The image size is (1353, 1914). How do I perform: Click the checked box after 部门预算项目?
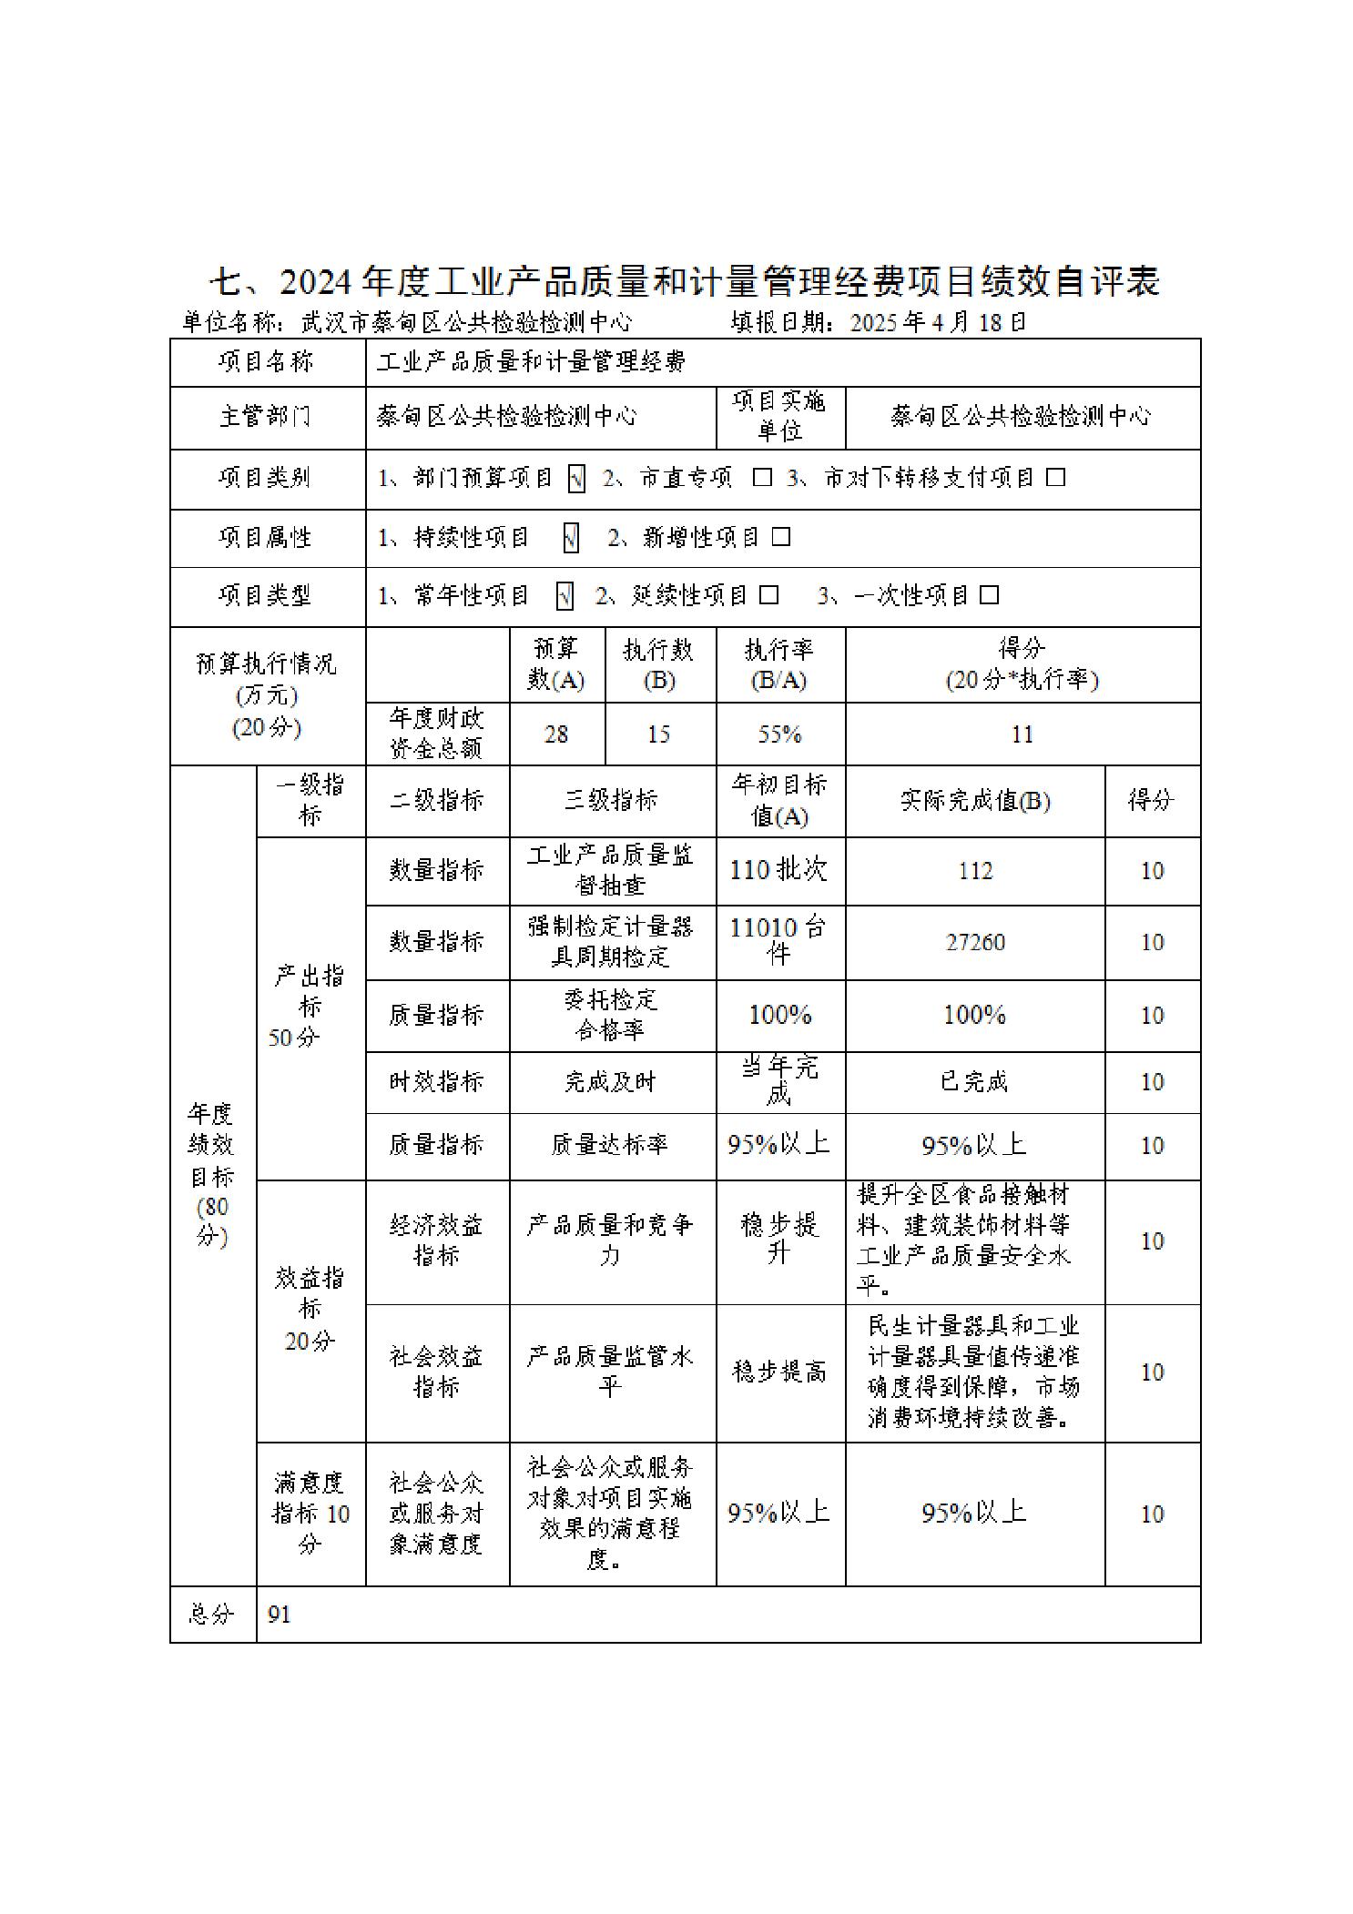(575, 479)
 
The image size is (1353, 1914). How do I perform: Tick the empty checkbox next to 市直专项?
(762, 478)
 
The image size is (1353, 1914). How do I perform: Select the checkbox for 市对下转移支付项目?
(1055, 478)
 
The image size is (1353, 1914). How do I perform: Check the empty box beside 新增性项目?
(781, 538)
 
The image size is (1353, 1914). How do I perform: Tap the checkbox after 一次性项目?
(989, 596)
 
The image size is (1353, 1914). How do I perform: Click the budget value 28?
(556, 734)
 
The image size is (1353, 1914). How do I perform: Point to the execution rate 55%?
(779, 734)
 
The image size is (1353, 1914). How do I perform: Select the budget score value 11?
(1022, 734)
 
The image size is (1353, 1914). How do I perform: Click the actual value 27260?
(974, 942)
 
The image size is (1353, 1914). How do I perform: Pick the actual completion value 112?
(974, 871)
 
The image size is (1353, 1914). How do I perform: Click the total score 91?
(280, 1614)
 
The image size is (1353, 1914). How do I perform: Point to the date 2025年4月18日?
(938, 322)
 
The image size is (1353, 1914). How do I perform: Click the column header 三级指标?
(611, 801)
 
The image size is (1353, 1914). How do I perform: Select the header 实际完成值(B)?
(974, 801)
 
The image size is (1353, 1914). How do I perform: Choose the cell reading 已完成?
(974, 1082)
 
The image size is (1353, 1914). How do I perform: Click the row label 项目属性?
(265, 538)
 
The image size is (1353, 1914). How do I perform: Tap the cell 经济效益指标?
(436, 1241)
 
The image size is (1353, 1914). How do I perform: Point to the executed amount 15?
(659, 734)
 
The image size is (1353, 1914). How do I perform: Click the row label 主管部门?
(265, 417)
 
